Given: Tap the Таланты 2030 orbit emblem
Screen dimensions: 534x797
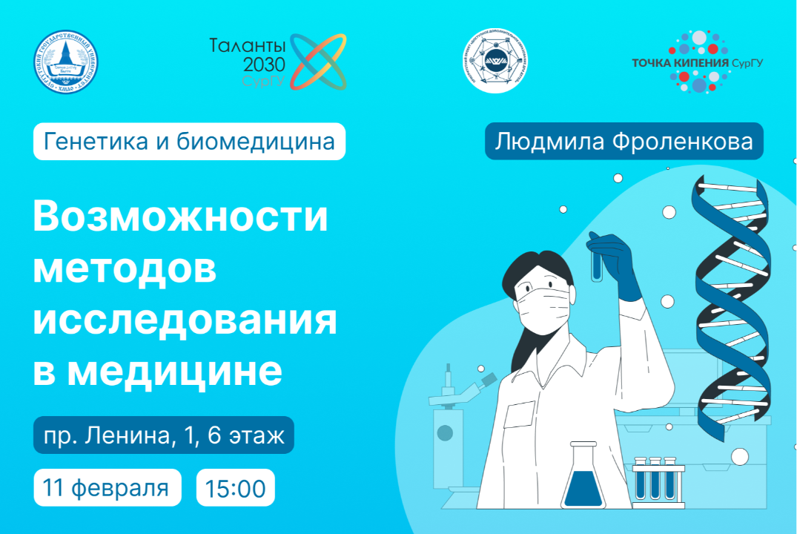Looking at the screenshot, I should [317, 62].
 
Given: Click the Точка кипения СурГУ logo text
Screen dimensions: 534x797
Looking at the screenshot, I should [697, 63].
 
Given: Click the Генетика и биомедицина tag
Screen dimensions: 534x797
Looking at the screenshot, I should [189, 142].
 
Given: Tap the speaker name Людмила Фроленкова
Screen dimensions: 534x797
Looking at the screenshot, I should [624, 142].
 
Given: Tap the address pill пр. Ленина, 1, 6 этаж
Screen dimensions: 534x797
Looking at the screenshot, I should [163, 435].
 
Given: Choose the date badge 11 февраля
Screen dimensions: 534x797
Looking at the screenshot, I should [107, 488].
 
